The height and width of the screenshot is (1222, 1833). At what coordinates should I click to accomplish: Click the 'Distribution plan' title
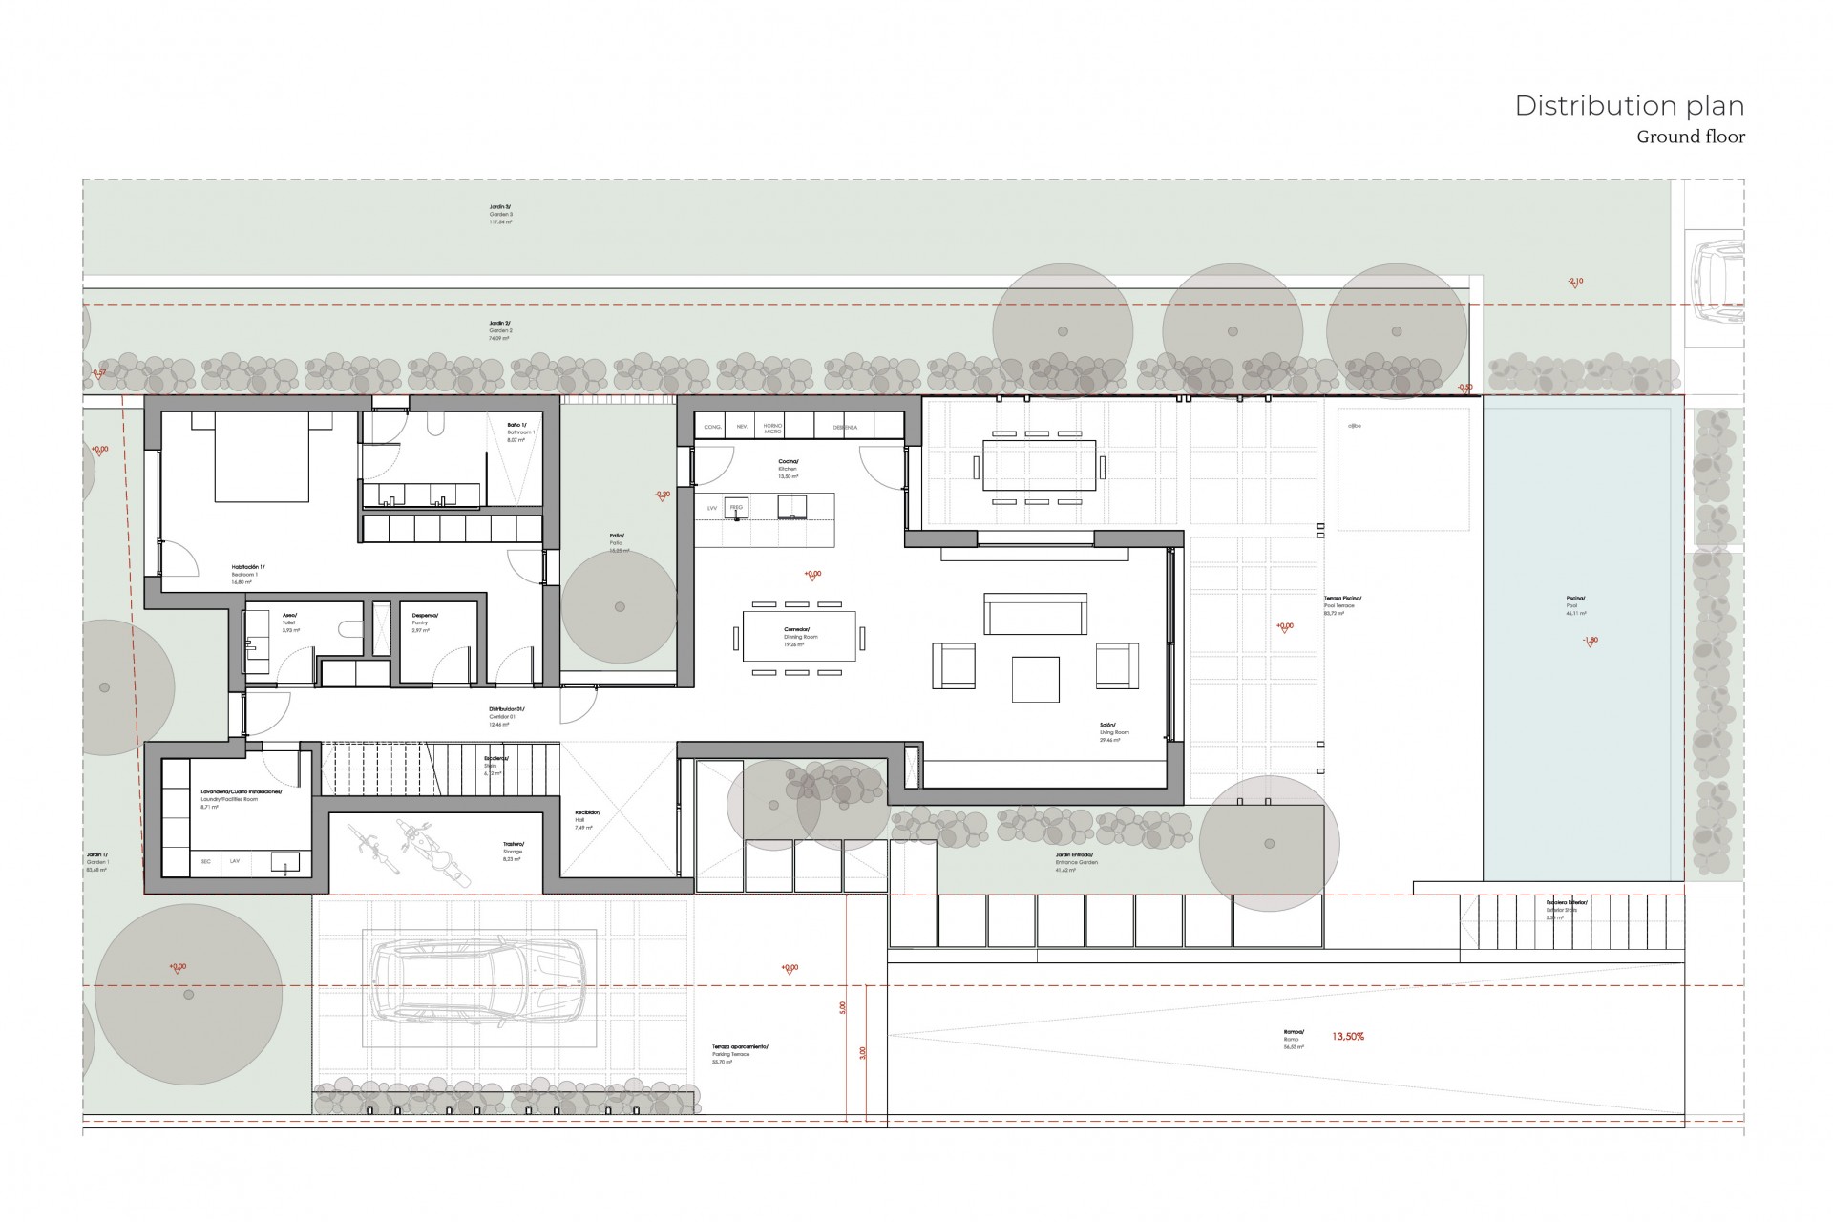(x=1629, y=106)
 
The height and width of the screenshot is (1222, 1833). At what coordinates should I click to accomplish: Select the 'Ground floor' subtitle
(x=1690, y=137)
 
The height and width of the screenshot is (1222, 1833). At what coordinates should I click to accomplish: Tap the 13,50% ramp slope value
(x=1347, y=1036)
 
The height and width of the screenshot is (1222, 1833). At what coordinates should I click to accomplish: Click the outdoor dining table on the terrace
(x=1039, y=466)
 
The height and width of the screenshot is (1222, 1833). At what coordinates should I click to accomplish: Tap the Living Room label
(x=1113, y=728)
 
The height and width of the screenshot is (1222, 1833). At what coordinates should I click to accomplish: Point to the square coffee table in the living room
(x=1035, y=679)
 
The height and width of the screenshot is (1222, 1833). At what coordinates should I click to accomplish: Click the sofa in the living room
(x=1035, y=614)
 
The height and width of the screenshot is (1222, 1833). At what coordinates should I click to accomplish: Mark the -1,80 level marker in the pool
(x=1589, y=641)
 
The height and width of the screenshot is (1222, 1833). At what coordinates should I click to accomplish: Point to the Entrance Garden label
(x=1076, y=858)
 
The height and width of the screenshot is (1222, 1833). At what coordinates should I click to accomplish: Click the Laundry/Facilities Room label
(x=241, y=795)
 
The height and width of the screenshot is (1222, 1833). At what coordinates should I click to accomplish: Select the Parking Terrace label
(x=739, y=1050)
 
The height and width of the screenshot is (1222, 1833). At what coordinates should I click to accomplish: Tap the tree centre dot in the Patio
(x=620, y=607)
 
